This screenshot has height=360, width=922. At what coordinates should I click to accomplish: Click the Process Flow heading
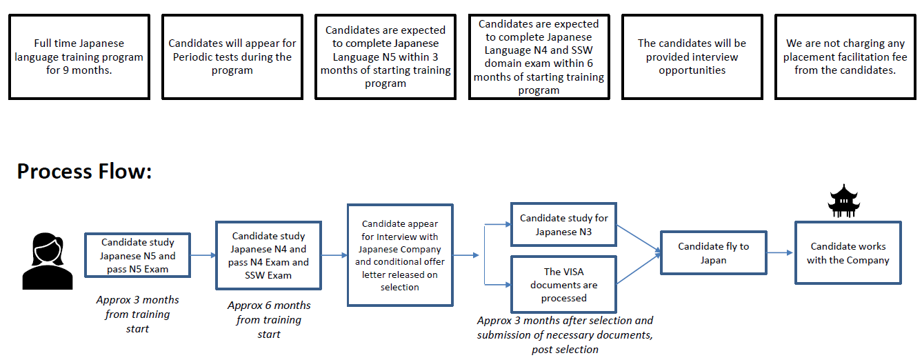coord(84,171)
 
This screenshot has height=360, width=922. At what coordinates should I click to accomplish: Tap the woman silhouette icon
coord(48,261)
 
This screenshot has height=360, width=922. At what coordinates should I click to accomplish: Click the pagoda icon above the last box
coord(844,201)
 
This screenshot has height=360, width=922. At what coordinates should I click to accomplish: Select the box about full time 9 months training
coord(79,57)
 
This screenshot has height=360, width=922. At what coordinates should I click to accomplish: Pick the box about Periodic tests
coord(232,57)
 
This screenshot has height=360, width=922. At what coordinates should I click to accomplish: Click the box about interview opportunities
coord(692,57)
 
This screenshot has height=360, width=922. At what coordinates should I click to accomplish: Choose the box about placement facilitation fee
coord(845,57)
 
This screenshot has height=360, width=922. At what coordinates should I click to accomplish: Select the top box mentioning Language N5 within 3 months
coord(385,57)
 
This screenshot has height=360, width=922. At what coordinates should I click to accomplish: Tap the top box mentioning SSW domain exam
coord(539,57)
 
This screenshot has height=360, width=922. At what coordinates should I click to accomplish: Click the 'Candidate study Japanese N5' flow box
coord(137,255)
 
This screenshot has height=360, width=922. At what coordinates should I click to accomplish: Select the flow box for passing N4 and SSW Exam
coord(268,255)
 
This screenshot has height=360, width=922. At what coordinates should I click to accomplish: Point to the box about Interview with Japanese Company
coord(400,255)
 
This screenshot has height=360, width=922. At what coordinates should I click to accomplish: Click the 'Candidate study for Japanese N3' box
coord(563,225)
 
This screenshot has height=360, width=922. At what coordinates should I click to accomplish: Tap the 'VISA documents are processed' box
coord(563,284)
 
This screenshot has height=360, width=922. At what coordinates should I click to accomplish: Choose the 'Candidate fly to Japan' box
coord(713,253)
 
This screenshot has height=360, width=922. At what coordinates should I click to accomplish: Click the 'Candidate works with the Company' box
coord(848,253)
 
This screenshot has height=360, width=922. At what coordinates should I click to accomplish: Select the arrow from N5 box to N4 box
coord(203,255)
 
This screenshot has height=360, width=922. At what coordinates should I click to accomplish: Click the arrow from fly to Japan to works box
coord(781,252)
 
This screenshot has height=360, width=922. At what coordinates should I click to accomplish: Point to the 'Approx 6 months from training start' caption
coord(269,320)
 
